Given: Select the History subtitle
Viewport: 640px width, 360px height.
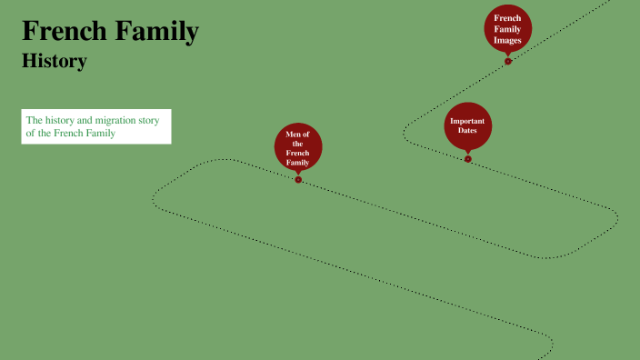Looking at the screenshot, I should [x=54, y=62].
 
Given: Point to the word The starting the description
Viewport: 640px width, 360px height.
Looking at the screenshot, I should [x=35, y=120].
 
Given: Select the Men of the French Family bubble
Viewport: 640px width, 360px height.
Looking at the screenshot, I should [x=298, y=147].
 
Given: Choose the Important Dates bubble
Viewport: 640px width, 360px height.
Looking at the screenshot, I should [x=467, y=125].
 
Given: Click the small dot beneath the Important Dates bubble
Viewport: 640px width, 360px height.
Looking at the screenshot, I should [x=468, y=159].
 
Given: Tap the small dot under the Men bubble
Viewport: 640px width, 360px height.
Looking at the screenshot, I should [x=298, y=179].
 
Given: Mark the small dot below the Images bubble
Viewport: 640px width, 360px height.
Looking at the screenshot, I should [x=508, y=62].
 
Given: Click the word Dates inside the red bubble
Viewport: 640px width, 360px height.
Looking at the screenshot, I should [x=467, y=131].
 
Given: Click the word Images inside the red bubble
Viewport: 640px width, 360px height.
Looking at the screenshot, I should [x=507, y=40].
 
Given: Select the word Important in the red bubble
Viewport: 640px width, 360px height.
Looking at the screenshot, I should [x=467, y=121].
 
